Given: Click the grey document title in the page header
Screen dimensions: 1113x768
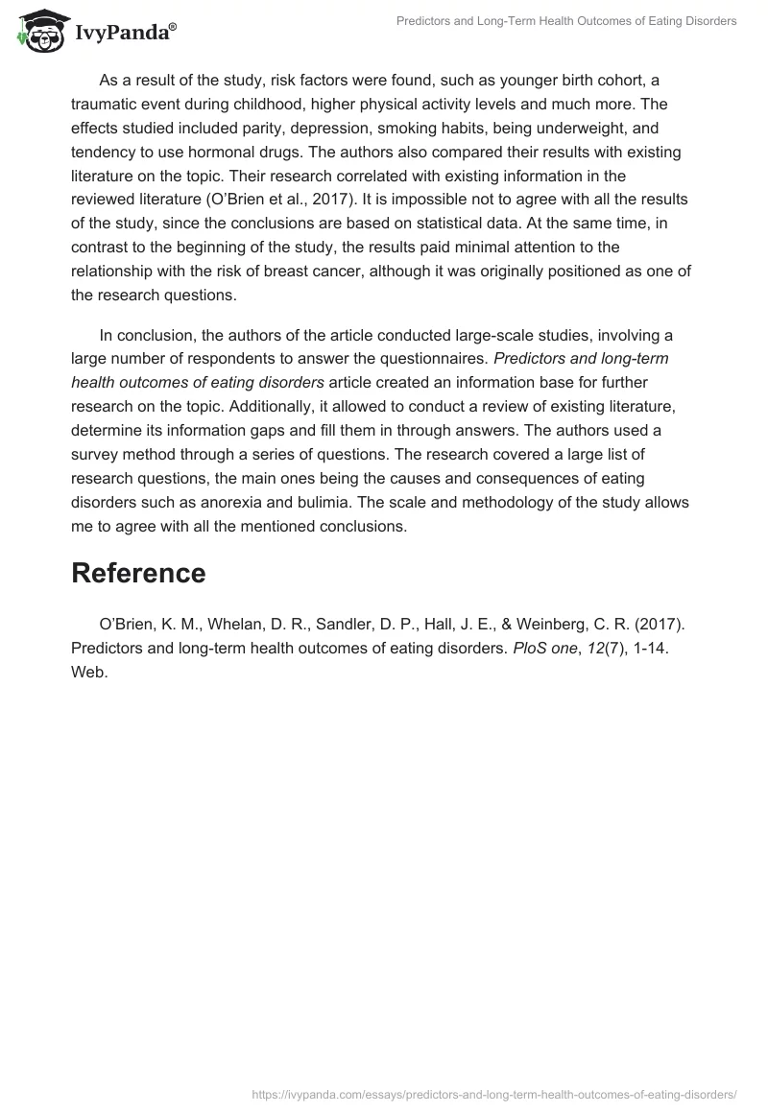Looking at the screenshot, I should (x=566, y=21).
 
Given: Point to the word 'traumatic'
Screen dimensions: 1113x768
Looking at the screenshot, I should (x=104, y=105).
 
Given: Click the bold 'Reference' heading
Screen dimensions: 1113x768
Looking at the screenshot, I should (x=138, y=573).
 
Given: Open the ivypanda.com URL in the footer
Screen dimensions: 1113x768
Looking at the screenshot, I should (x=494, y=1094).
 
